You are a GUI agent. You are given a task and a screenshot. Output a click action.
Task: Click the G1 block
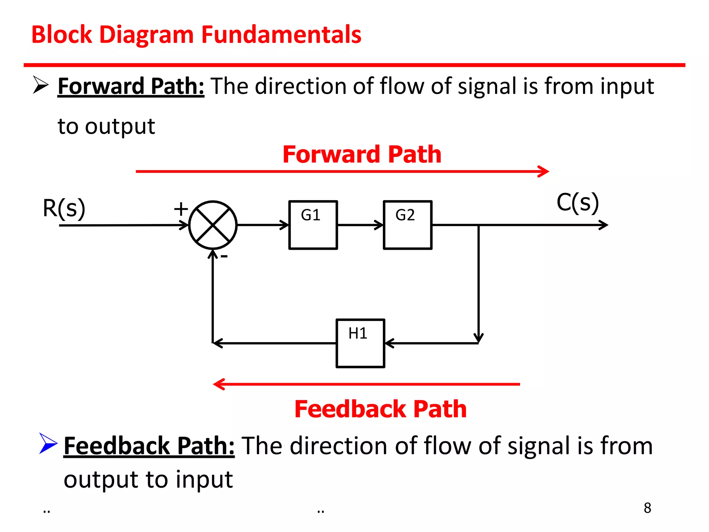pyautogui.click(x=313, y=225)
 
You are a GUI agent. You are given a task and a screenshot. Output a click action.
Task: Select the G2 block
pyautogui.click(x=407, y=225)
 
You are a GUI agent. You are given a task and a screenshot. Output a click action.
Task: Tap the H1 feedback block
pyautogui.click(x=360, y=343)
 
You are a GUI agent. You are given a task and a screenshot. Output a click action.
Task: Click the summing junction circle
pyautogui.click(x=213, y=225)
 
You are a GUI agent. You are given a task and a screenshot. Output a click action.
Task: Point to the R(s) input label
pyautogui.click(x=64, y=209)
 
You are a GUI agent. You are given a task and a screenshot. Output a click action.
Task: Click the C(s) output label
pyautogui.click(x=577, y=203)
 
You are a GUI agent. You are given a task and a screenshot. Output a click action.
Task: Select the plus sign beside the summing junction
pyautogui.click(x=181, y=209)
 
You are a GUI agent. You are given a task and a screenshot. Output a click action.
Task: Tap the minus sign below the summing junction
pyautogui.click(x=224, y=256)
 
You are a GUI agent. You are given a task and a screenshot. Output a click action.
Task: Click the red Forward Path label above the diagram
pyautogui.click(x=362, y=154)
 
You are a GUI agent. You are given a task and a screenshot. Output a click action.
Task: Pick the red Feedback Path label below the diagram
pyautogui.click(x=380, y=409)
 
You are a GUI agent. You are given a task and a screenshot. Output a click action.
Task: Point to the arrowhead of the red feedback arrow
pyautogui.click(x=218, y=384)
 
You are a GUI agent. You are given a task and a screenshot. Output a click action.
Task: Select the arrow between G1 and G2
pyautogui.click(x=360, y=225)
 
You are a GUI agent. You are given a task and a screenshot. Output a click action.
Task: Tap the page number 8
pyautogui.click(x=647, y=508)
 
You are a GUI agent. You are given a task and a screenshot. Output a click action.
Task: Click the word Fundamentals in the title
pyautogui.click(x=281, y=35)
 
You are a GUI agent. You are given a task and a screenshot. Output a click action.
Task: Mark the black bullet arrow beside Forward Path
pyautogui.click(x=41, y=85)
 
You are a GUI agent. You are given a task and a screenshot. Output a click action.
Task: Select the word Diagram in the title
pyautogui.click(x=147, y=35)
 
